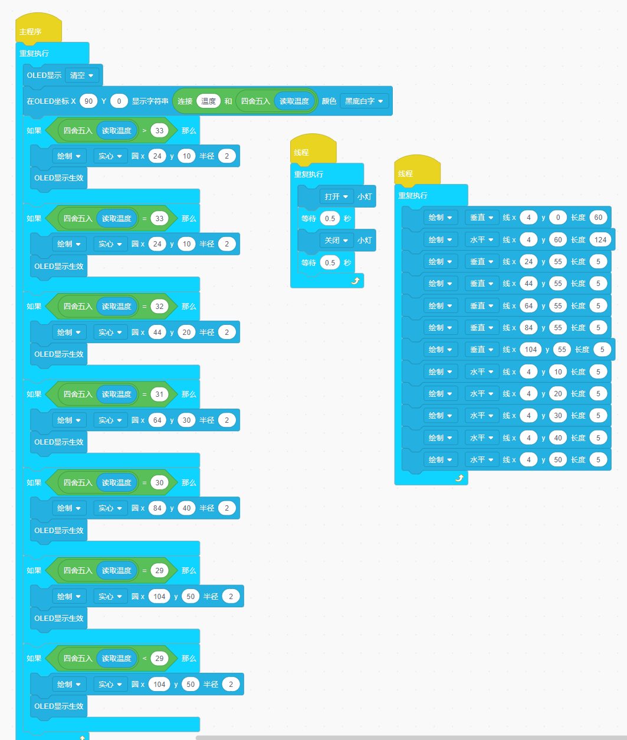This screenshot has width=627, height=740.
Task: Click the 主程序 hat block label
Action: pyautogui.click(x=31, y=32)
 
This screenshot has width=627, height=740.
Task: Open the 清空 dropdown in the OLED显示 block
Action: pyautogui.click(x=82, y=75)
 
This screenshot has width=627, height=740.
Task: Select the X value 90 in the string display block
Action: pyautogui.click(x=88, y=101)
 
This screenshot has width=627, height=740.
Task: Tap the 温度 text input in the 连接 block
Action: pyautogui.click(x=208, y=101)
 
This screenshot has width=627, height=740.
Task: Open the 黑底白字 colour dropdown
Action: pyautogui.click(x=365, y=101)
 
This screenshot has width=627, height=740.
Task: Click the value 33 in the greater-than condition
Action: pyautogui.click(x=159, y=131)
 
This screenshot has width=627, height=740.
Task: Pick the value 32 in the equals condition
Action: pyautogui.click(x=159, y=307)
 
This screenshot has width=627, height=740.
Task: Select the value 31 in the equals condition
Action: pyautogui.click(x=159, y=394)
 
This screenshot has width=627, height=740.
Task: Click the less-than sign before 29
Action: pyautogui.click(x=145, y=659)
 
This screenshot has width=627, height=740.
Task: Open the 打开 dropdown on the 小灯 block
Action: pyautogui.click(x=336, y=197)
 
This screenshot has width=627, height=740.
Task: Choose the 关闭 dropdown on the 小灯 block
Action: pyautogui.click(x=336, y=241)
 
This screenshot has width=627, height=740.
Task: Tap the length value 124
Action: pyautogui.click(x=600, y=240)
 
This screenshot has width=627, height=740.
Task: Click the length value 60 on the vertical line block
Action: pyautogui.click(x=598, y=218)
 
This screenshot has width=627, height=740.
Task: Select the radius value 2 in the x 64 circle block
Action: pyautogui.click(x=227, y=420)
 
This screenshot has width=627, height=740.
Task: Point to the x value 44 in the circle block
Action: pyautogui.click(x=157, y=333)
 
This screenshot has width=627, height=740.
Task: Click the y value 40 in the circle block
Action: pyautogui.click(x=186, y=508)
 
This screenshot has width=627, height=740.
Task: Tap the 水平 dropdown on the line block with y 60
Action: pyautogui.click(x=482, y=240)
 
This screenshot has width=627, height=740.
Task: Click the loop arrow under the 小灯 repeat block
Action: pyautogui.click(x=354, y=281)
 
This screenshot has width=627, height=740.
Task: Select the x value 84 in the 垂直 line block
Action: pyautogui.click(x=528, y=328)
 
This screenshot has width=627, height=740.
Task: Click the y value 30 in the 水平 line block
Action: pyautogui.click(x=558, y=416)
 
